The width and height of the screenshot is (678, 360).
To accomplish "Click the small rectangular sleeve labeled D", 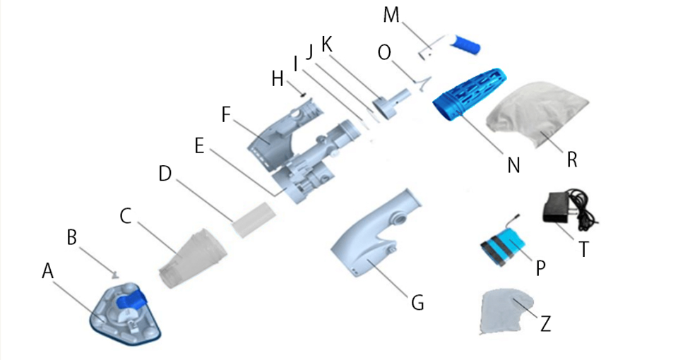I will click(x=252, y=218).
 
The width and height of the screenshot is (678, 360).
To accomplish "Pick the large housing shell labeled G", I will click(x=374, y=240).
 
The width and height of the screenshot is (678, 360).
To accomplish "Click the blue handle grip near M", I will click(x=467, y=44).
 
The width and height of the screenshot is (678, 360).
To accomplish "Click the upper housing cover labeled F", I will click(x=282, y=134).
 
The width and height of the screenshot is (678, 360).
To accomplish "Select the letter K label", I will click(x=326, y=43).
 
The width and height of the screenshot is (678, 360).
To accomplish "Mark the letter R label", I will click(x=573, y=160).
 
